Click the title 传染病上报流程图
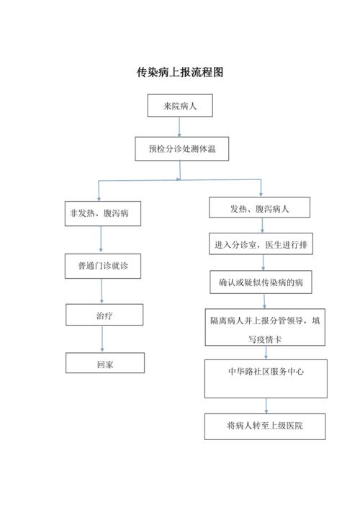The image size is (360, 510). pyautogui.click(x=180, y=72)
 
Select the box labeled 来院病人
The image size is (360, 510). pyautogui.click(x=179, y=106)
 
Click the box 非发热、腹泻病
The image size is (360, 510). pyautogui.click(x=100, y=213)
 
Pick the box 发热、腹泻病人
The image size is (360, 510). pyautogui.click(x=260, y=208)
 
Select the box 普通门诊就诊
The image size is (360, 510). pyautogui.click(x=100, y=266)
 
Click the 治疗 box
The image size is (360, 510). pyautogui.click(x=104, y=315)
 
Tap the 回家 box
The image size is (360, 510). pyautogui.click(x=105, y=363)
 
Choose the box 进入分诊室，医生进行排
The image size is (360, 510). pyautogui.click(x=262, y=245)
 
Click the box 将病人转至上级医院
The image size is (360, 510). pyautogui.click(x=264, y=426)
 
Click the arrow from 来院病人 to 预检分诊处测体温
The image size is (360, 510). pyautogui.click(x=179, y=127)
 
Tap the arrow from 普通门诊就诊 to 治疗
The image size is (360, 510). pyautogui.click(x=102, y=291)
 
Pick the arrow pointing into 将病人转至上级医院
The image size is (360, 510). pyautogui.click(x=266, y=406)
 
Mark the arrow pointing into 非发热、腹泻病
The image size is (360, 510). pyautogui.click(x=99, y=191)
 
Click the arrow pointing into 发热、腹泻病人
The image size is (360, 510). pyautogui.click(x=261, y=187)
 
